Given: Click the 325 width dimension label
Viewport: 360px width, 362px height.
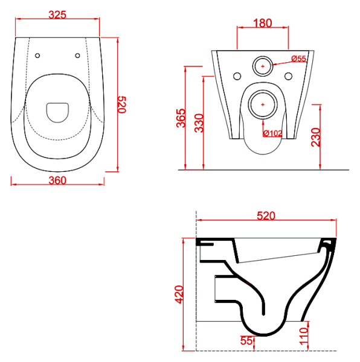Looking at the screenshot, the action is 57,14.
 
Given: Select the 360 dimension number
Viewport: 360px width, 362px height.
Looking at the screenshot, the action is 57,180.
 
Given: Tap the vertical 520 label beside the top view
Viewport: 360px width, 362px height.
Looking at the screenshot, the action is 122,105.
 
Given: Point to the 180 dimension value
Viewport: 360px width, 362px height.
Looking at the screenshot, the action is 263,24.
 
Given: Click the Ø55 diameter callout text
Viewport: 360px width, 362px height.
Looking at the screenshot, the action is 299,59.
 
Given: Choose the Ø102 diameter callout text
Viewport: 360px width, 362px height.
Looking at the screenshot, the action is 273,133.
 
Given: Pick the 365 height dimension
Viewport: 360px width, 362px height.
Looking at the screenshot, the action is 181,118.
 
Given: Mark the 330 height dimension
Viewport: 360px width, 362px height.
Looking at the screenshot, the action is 199,123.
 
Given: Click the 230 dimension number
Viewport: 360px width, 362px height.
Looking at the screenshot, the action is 316,137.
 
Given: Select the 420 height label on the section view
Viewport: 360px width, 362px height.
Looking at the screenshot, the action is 179,294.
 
